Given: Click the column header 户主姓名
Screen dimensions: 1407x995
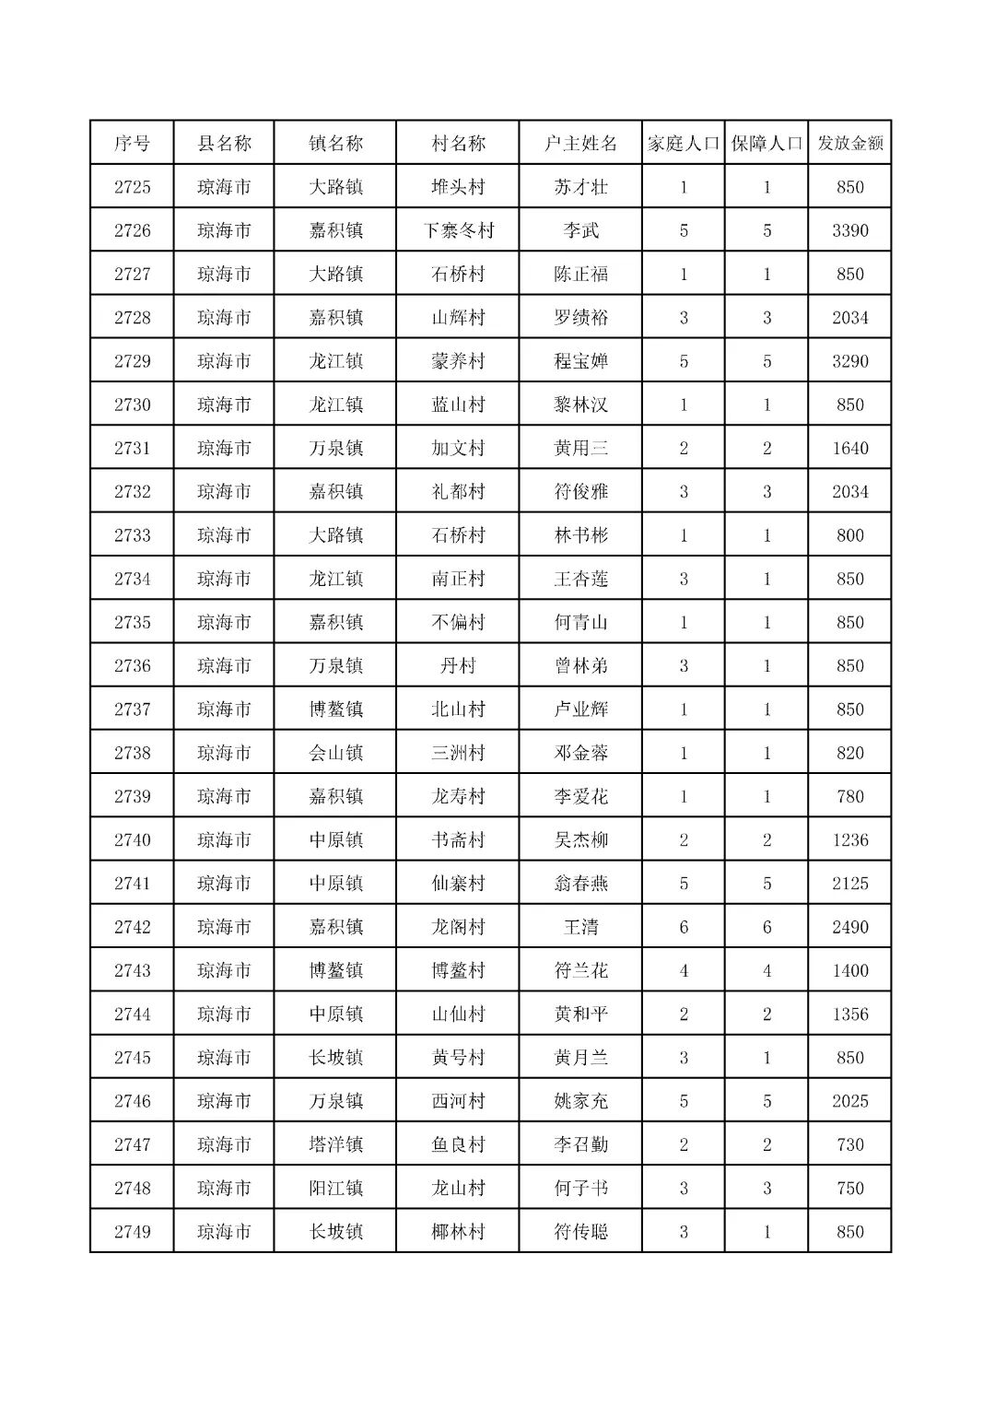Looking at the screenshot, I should point(580,144).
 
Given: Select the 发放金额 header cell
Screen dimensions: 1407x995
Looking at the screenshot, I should point(849,144).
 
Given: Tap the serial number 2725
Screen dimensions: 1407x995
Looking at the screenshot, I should point(132,187).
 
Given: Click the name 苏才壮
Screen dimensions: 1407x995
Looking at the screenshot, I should point(580,187).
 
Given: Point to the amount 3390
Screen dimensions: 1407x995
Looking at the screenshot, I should point(849,230).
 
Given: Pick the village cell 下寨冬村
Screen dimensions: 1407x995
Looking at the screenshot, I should point(458,230).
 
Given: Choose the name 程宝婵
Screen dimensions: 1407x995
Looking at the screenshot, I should point(580,361).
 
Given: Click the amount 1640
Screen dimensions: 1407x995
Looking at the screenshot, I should point(849,449).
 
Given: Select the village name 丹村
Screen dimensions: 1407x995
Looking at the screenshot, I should point(458,666).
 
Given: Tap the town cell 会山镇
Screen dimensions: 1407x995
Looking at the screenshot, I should point(335,753).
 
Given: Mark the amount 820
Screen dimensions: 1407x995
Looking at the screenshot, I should point(849,753).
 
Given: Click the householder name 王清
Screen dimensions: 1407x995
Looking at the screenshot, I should point(580,927).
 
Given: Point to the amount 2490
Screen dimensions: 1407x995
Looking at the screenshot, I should point(849,927).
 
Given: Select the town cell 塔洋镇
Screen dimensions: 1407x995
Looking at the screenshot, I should point(335,1144).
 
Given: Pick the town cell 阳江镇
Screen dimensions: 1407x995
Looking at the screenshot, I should point(335,1189).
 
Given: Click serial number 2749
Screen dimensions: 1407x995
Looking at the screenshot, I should point(132,1232).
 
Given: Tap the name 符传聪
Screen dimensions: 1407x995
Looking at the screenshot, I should point(580,1232).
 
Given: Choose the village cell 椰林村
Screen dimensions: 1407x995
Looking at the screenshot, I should point(458,1232).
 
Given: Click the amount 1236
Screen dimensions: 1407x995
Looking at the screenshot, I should point(849,840).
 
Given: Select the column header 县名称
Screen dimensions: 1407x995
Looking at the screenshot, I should point(224,144).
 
